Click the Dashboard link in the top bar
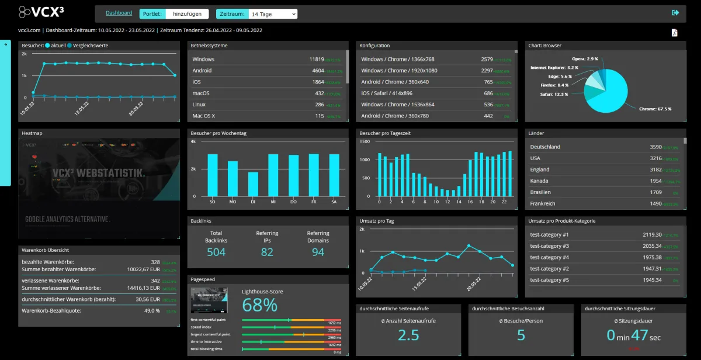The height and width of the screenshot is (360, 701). click(x=119, y=13)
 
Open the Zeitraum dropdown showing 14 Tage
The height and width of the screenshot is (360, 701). click(x=273, y=13)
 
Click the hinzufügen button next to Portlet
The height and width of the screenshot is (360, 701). click(x=188, y=13)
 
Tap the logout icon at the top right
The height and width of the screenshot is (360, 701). click(x=675, y=13)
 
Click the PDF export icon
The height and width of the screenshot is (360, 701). click(x=674, y=33)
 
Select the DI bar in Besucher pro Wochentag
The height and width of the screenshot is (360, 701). click(x=253, y=184)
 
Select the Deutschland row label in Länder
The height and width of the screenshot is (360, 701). click(x=545, y=147)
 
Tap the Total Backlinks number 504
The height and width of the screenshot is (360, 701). click(x=216, y=252)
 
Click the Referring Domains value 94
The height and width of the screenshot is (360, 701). click(x=318, y=252)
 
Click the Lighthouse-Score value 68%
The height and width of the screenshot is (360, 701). click(x=259, y=304)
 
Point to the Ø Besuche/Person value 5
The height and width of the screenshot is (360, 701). click(x=521, y=335)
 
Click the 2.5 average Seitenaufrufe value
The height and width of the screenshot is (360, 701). click(x=408, y=335)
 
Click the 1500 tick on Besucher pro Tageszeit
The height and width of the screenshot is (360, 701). click(x=365, y=141)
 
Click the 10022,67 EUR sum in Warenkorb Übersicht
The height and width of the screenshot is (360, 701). click(x=143, y=269)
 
